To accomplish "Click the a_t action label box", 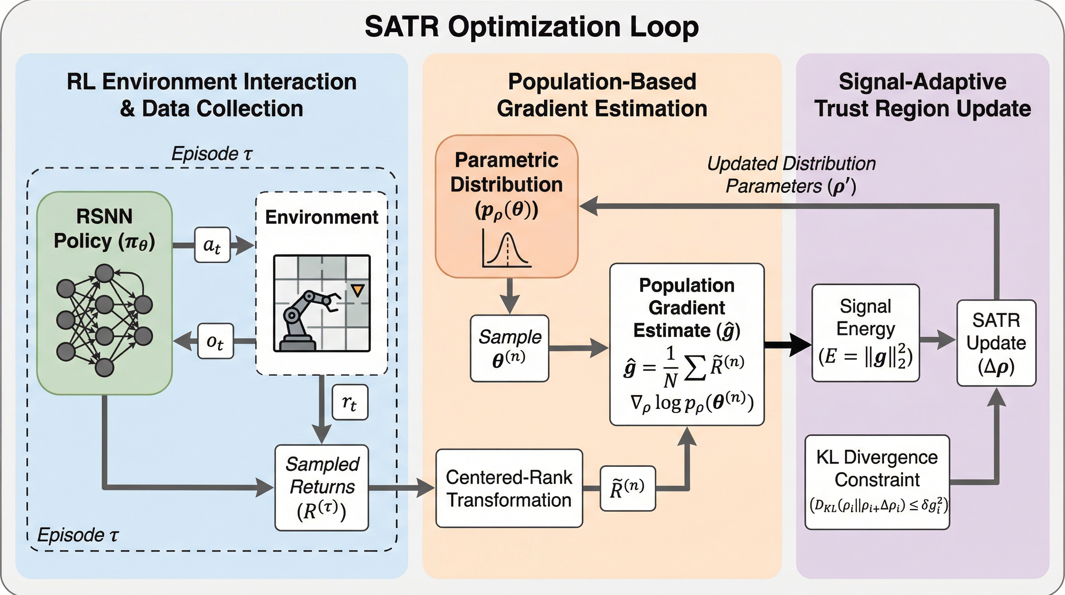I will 212,245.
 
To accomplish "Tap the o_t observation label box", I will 216,341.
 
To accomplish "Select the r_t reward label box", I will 350,402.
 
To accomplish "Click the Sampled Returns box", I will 322,487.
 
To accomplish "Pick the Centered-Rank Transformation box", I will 509,488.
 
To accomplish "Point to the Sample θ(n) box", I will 509,348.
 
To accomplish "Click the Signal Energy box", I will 865,333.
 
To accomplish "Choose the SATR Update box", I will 996,343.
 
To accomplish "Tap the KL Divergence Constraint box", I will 877,482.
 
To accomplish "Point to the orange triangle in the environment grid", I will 357,290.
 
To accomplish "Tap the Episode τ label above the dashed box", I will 211,154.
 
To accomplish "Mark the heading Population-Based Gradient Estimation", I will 602,95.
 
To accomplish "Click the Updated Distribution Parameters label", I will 791,175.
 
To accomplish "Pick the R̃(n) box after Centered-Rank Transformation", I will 627,488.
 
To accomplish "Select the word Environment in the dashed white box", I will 321,217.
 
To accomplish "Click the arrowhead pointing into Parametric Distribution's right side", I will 589,206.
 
